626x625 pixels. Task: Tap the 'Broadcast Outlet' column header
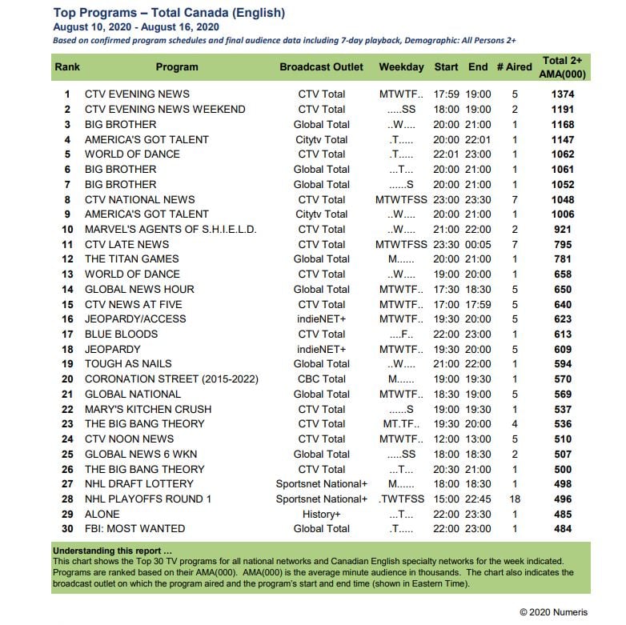click(x=321, y=67)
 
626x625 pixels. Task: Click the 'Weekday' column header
click(x=401, y=67)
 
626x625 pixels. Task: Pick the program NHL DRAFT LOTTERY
click(x=139, y=483)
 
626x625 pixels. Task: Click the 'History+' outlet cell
click(x=321, y=514)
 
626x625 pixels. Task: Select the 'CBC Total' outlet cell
click(x=321, y=379)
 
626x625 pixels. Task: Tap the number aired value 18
click(x=514, y=499)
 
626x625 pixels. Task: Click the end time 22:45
click(x=478, y=499)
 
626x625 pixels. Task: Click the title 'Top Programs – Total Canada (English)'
click(x=169, y=13)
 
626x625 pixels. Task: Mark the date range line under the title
click(x=137, y=26)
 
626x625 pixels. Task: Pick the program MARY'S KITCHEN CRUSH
click(x=148, y=409)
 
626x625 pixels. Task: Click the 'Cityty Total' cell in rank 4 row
click(x=321, y=139)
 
